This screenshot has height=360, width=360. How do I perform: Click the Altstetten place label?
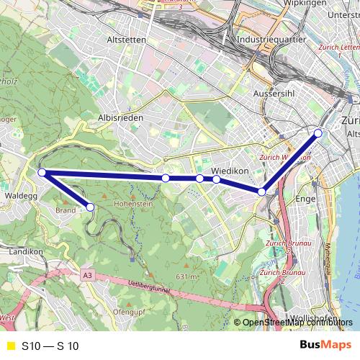[126, 40]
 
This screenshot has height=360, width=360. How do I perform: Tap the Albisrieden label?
[121, 117]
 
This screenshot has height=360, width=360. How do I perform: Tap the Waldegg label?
[20, 195]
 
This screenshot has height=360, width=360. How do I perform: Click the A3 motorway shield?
[87, 275]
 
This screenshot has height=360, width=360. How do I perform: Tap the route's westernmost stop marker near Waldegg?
[42, 173]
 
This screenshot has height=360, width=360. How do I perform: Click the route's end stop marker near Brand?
[91, 207]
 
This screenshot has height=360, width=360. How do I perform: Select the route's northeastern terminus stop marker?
[318, 133]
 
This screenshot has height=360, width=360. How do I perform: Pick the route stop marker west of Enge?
[262, 192]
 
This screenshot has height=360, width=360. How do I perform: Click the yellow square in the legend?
[10, 346]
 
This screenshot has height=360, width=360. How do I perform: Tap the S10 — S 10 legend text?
[50, 346]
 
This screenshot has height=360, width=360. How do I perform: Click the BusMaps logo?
[326, 346]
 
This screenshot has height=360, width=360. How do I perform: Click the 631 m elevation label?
[186, 276]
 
